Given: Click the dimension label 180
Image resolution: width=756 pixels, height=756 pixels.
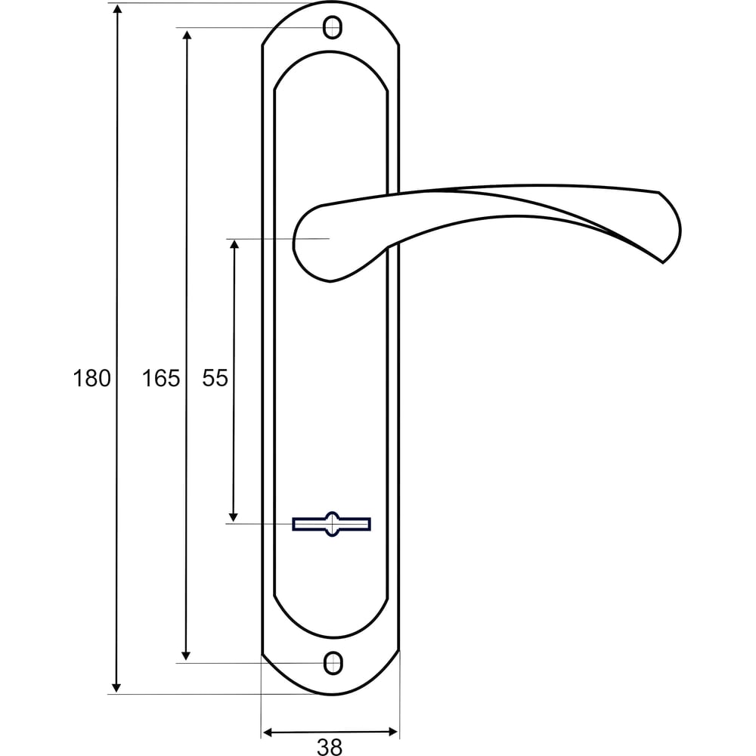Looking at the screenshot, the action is pos(91,378).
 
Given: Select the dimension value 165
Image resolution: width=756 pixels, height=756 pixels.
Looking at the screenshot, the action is pos(160,378).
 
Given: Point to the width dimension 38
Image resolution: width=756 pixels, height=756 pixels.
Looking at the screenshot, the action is pos(330,747).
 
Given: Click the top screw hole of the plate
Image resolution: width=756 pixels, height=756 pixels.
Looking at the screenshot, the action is pos(332,27).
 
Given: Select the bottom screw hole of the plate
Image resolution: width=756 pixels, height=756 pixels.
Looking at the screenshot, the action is pos(332,663).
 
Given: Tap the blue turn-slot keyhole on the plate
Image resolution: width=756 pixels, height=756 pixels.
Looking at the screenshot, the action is pos(331,524).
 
